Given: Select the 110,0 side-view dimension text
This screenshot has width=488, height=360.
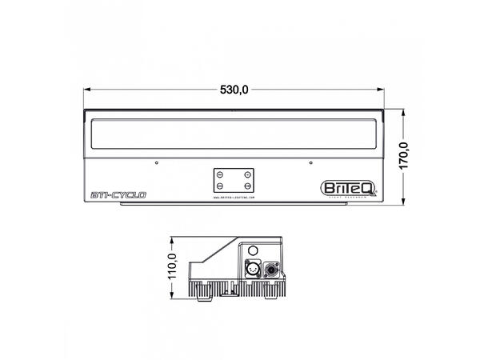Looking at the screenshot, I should pos(170,268).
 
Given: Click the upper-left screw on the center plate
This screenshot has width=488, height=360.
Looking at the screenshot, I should pos(219,174).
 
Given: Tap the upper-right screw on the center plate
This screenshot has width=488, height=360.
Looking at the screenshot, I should pos(249,174).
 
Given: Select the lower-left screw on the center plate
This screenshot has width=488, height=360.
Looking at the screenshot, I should pos(219,185).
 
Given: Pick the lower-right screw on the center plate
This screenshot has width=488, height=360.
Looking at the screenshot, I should pos(249,185).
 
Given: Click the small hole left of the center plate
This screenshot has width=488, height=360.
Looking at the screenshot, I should pos(158,163).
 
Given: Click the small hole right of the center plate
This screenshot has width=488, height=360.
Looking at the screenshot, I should pos(310,163).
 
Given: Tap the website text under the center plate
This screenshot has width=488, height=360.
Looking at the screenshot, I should pos(234,195).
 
